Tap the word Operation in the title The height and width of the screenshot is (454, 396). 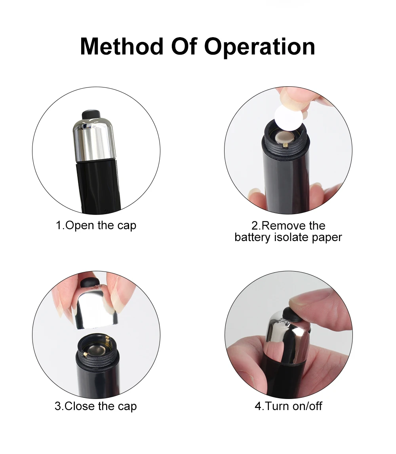259,47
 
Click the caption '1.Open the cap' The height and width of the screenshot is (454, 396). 96,225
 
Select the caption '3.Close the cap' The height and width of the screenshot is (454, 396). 95,406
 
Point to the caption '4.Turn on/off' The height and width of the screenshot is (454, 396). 288,406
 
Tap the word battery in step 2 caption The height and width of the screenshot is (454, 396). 253,237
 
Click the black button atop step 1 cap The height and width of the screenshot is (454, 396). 91,114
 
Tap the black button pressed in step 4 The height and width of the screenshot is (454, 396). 291,315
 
